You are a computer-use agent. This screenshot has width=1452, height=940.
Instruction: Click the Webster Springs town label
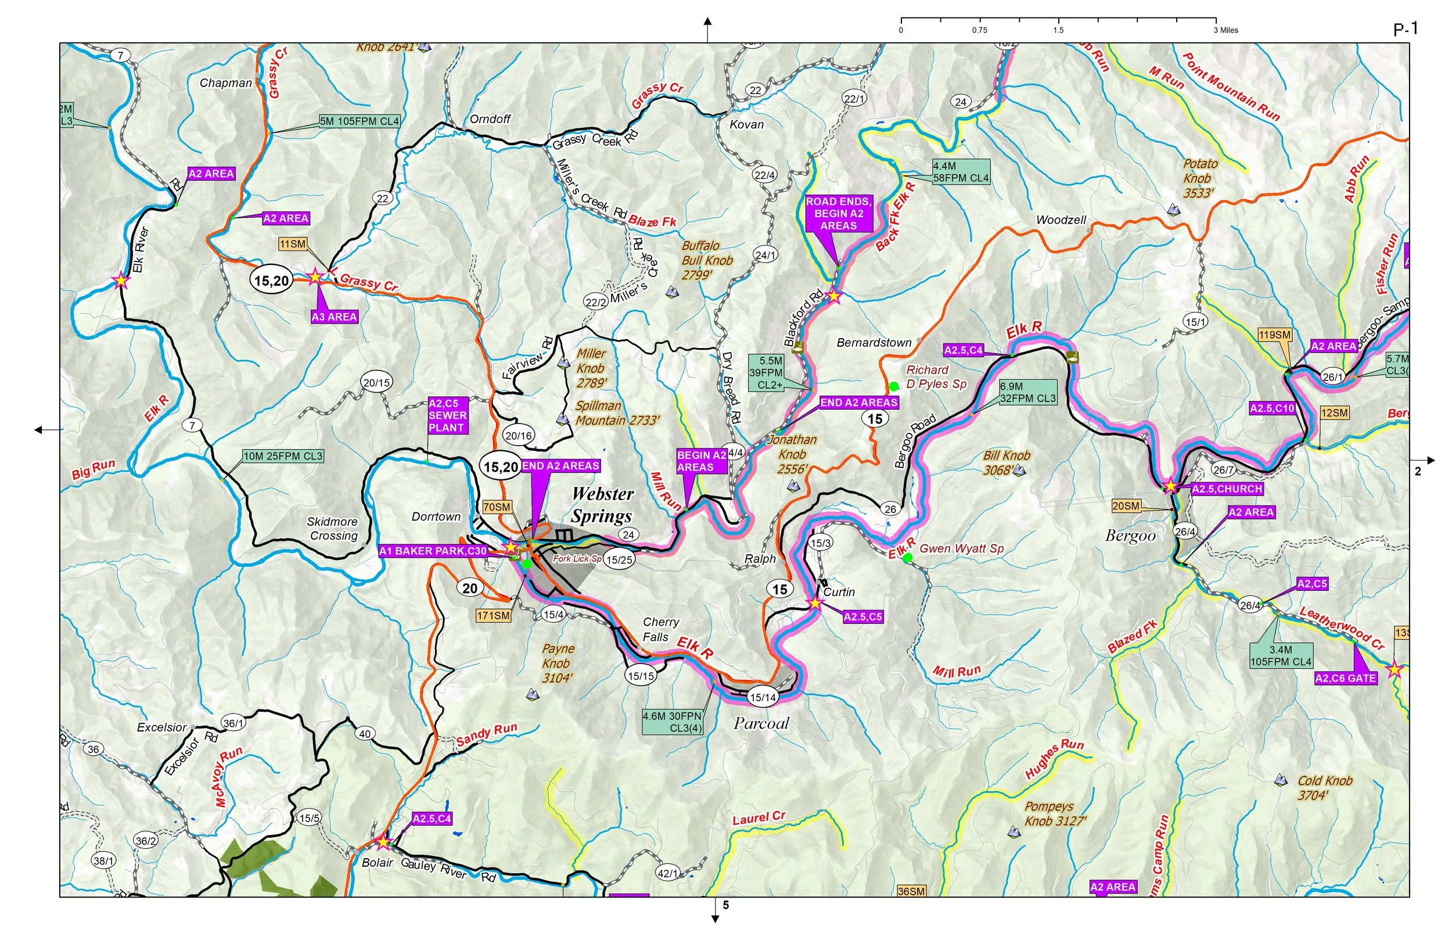coord(602,505)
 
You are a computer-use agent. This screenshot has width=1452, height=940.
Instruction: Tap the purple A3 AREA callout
coord(334,317)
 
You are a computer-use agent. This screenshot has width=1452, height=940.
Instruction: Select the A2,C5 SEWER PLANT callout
coord(447,415)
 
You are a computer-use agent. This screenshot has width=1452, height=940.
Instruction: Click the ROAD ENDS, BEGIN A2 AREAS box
coord(838,214)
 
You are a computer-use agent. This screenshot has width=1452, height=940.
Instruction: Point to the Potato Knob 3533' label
coord(1199,178)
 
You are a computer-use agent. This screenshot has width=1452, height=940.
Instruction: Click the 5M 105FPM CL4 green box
coord(360,121)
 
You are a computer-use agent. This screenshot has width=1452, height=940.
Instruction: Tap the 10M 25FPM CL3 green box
coord(283,456)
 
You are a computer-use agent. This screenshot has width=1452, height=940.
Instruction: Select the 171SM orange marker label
coord(494,616)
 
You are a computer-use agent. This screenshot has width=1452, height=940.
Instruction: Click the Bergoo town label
coord(1130,536)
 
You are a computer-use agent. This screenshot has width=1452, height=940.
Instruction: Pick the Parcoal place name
coord(761,723)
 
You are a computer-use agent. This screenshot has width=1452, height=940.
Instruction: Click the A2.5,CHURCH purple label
coord(1227,489)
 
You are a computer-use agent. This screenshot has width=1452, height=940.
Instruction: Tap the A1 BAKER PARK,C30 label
coord(433,551)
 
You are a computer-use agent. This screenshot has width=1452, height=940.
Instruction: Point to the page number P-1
coord(1406,28)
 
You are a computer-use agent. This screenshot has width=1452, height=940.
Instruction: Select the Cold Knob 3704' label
coord(1324,787)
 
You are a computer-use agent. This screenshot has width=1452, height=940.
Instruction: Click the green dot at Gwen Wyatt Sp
coord(908,557)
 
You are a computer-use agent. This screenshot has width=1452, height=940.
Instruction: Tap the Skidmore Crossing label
coord(332,529)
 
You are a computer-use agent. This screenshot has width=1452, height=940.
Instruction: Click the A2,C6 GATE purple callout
coord(1345,678)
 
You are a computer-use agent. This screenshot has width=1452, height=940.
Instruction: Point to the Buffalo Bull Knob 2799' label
coord(706,260)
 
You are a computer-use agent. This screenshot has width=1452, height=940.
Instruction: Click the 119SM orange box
coord(1274,335)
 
